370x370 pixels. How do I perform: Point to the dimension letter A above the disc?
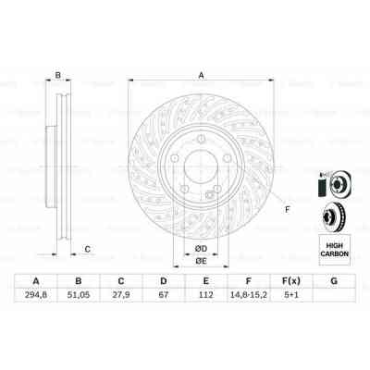[x=201, y=78]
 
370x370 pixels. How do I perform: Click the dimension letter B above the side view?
[x=57, y=77]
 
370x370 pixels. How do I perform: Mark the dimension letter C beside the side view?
[x=87, y=248]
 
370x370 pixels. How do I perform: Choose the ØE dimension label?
[x=200, y=262]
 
